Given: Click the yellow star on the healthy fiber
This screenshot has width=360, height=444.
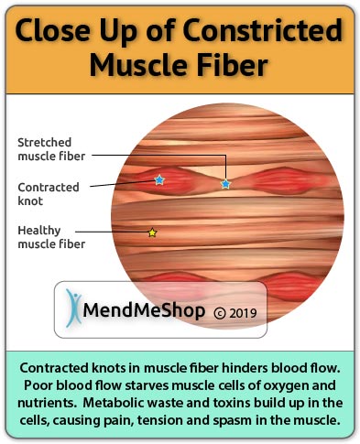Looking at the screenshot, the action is click(152, 233).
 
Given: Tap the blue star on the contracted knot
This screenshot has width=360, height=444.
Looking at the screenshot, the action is click(159, 180).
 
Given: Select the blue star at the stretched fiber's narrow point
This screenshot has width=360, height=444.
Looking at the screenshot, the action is click(225, 184).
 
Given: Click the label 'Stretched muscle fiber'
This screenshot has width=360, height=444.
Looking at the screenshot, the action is click(51, 149).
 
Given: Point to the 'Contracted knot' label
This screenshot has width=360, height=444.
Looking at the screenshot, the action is click(49, 194).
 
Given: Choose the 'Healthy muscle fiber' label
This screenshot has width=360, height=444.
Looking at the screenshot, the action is click(51, 237).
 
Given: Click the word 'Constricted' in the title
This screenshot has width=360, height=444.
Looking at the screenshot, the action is click(263, 30).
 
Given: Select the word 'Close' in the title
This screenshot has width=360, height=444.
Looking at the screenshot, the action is click(52, 30).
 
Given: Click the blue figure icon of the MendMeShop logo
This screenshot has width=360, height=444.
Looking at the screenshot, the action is click(73, 308).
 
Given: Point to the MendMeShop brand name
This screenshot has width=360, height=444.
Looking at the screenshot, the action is click(144, 310).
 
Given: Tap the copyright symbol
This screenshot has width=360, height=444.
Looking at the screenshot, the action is click(220, 313).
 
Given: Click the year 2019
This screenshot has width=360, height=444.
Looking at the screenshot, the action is click(243, 313).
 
